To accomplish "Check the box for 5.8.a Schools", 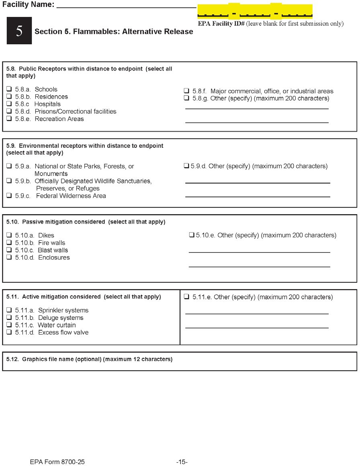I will (9, 89).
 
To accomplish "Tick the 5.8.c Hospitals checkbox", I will (9, 104).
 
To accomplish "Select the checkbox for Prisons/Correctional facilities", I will (9, 111).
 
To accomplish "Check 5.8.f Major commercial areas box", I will (186, 91).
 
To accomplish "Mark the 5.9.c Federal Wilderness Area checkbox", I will (9, 196).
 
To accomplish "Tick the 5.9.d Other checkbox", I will (186, 166).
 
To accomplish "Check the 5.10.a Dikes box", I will (9, 235).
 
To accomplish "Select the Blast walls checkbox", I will (9, 250).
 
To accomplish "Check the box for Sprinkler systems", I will (9, 310).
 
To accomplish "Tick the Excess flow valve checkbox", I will (9, 332).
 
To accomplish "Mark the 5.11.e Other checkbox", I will (186, 297).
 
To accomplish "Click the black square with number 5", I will (19, 31).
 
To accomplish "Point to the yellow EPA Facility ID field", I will (255, 11).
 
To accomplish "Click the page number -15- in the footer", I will (182, 462).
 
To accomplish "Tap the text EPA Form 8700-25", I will (57, 462).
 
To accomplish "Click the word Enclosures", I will (54, 258).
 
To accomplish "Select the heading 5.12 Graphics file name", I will (90, 359).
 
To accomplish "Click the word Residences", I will (51, 97).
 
